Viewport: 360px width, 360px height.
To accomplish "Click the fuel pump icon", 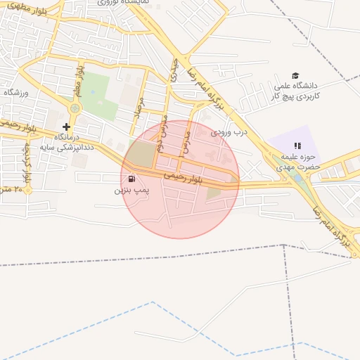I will pos(133,179).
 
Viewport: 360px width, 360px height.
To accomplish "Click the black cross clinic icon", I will pos(66,127).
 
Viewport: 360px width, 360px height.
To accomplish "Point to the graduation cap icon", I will pos(295,76).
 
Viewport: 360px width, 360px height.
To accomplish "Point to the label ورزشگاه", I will pos(15,91).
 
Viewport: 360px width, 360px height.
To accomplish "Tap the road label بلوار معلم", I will pos(80,82).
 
